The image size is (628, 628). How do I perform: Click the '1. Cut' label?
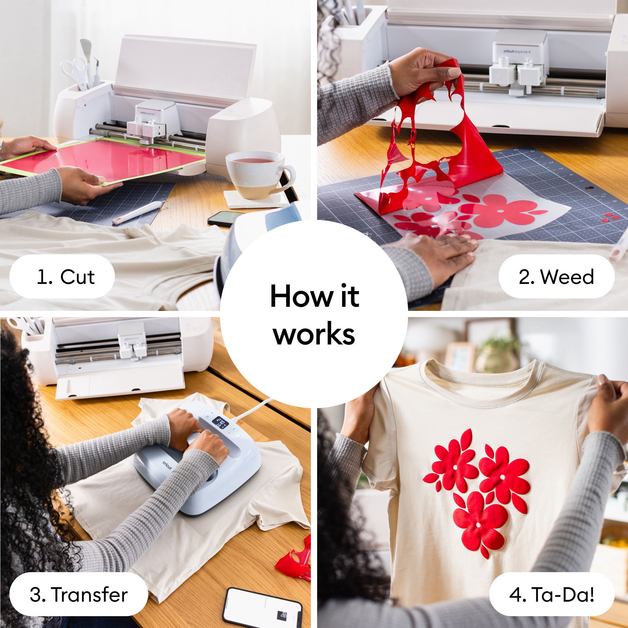coord(62,276)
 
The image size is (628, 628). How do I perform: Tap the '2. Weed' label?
coord(556,276)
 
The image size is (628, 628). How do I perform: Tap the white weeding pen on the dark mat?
coord(137,214)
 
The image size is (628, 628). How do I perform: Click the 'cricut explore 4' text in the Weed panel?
coord(517,51)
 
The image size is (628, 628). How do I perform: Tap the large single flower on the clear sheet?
coord(504,209)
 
